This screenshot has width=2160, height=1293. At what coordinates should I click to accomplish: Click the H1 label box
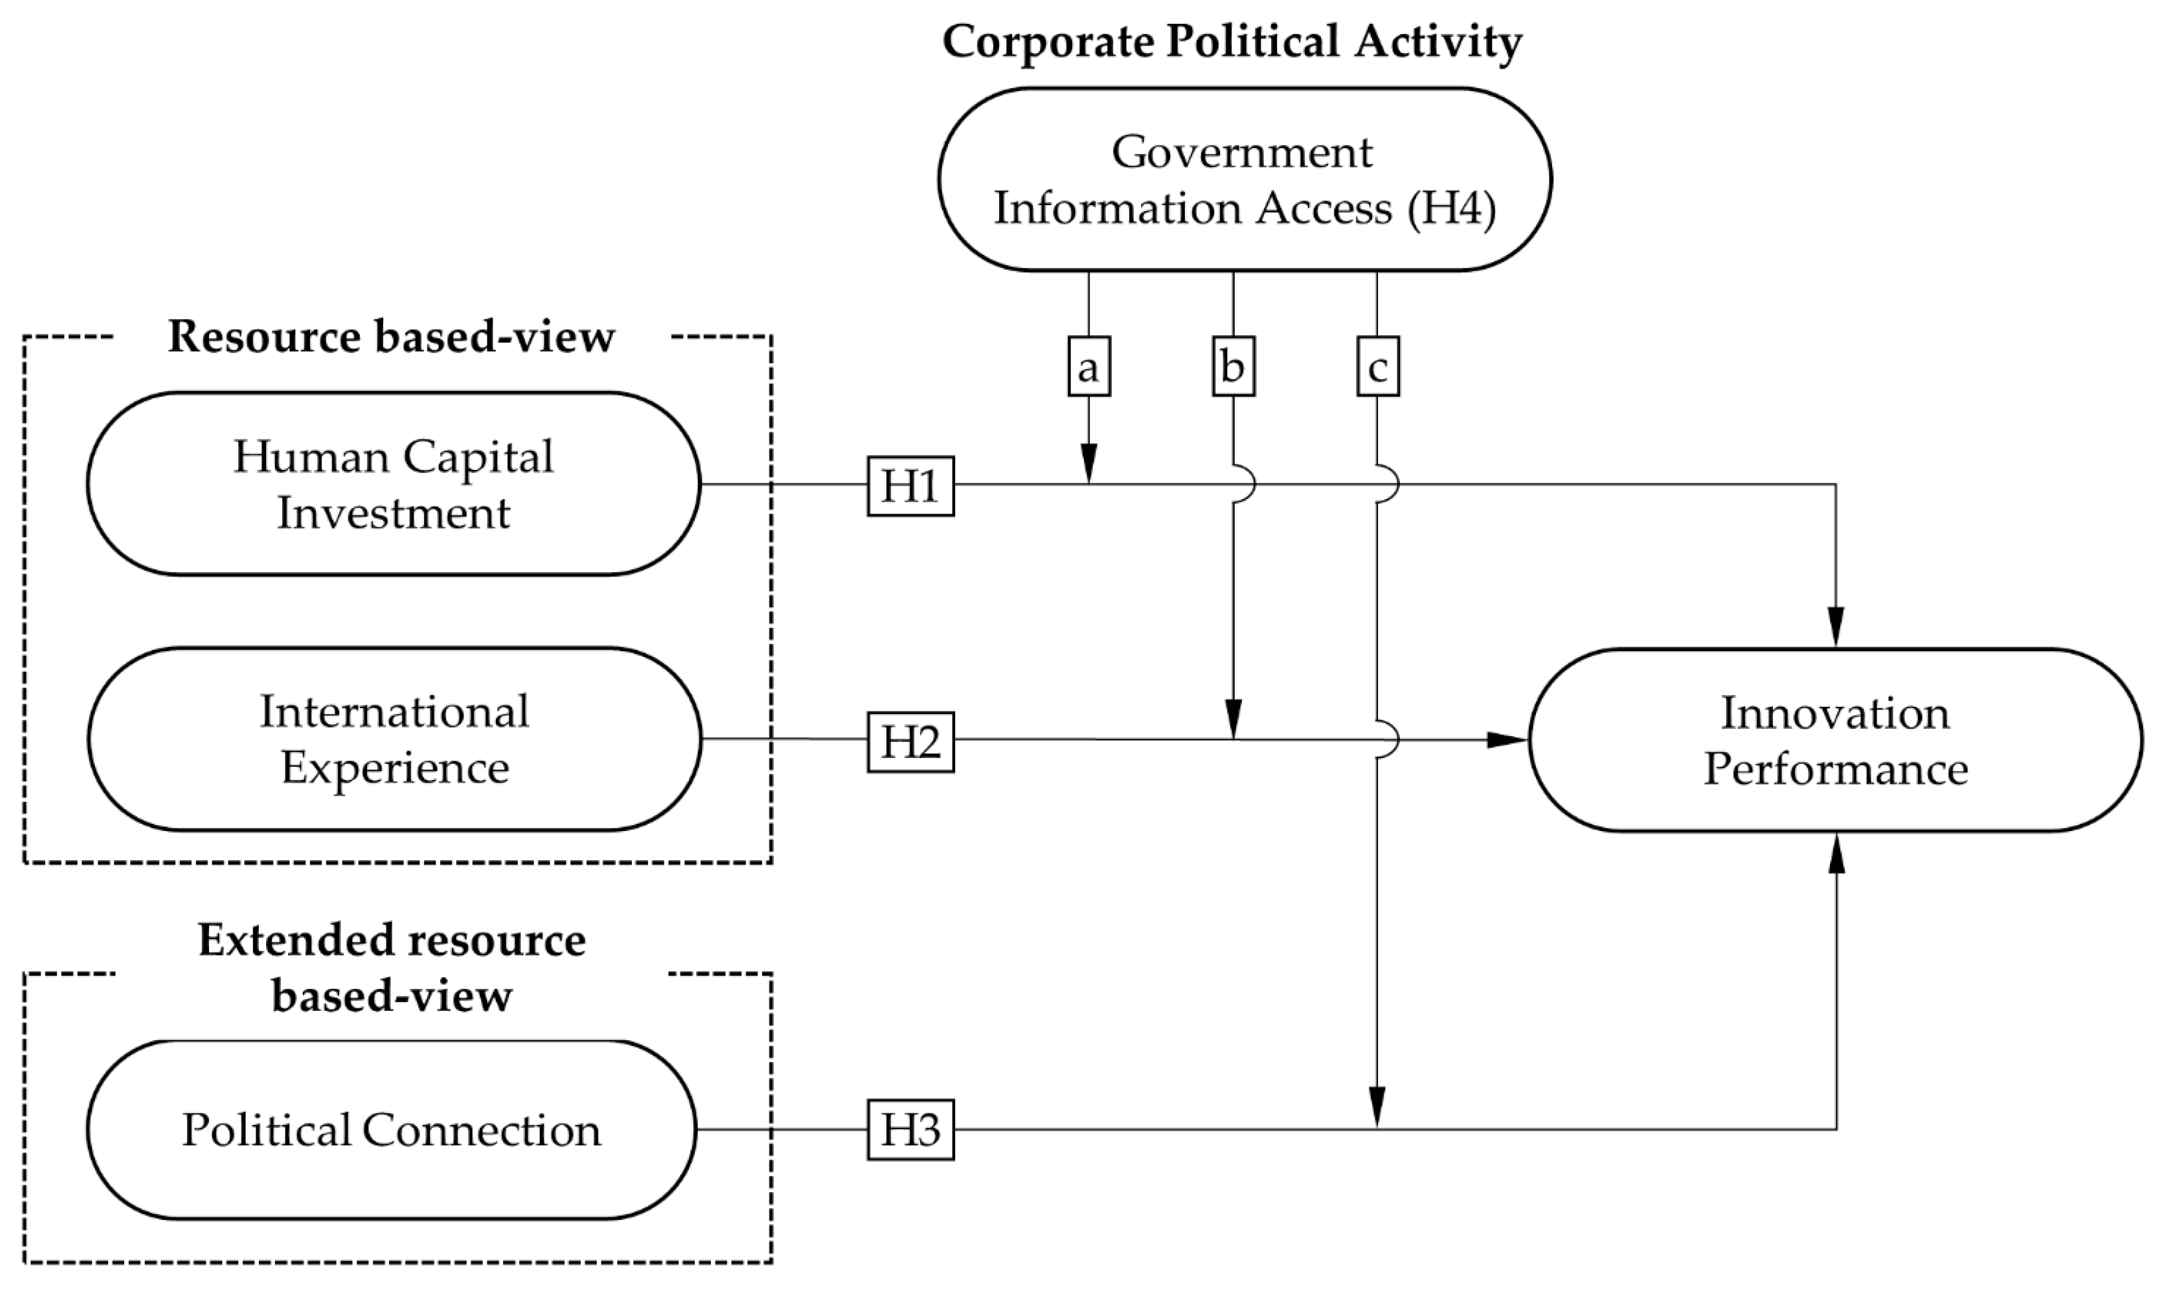click(x=911, y=486)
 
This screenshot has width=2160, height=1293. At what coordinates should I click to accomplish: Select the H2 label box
click(x=911, y=741)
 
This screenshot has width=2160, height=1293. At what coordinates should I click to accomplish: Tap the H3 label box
click(x=911, y=1130)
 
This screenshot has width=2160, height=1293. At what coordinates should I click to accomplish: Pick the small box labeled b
click(x=1233, y=367)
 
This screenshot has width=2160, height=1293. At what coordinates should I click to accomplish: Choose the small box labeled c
click(x=1377, y=367)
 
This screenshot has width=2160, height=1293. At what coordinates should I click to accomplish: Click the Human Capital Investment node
click(x=394, y=484)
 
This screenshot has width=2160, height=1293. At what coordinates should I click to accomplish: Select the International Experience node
click(x=394, y=739)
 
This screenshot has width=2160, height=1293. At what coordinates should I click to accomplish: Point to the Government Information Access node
click(x=1244, y=179)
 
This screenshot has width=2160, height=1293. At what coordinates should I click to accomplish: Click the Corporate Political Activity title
click(x=1232, y=42)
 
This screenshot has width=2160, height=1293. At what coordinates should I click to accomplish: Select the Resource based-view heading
click(x=391, y=337)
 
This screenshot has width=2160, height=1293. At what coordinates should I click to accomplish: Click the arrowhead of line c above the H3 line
click(x=1377, y=1106)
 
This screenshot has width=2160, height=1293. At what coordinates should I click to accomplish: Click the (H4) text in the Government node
click(x=1452, y=209)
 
